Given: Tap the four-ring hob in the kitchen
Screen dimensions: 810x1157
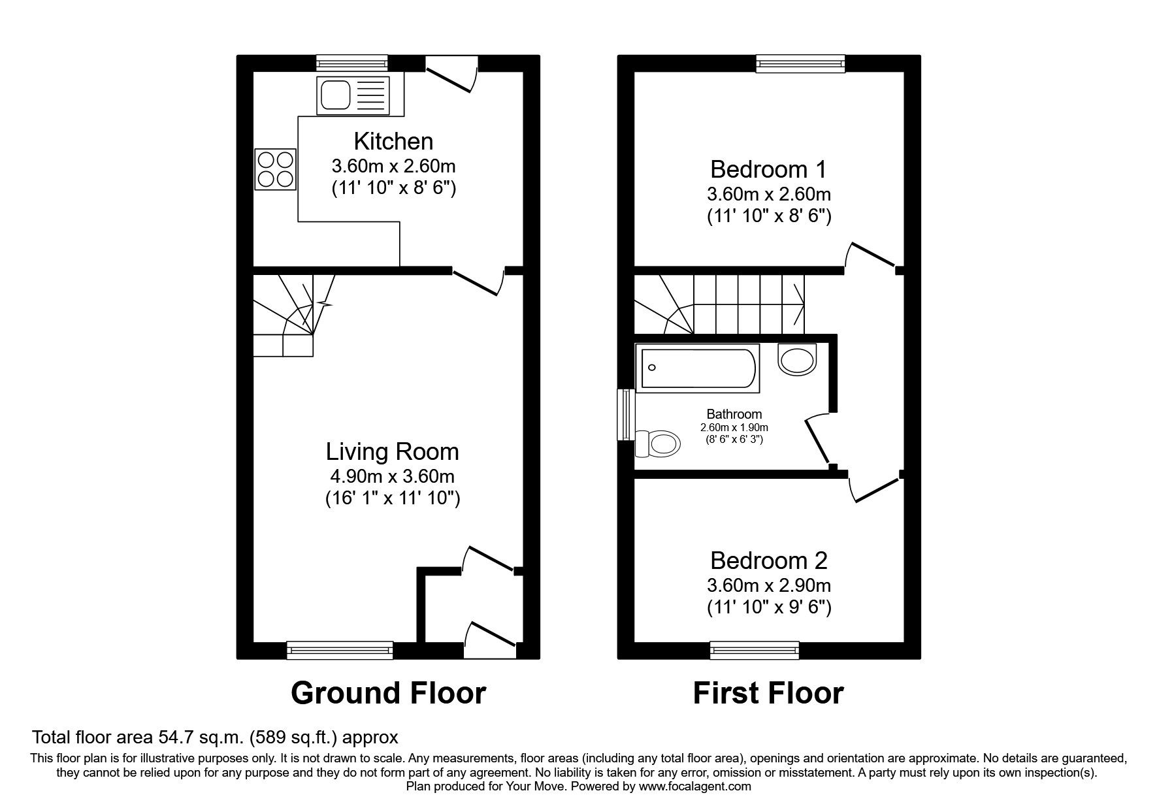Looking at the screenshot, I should click(x=275, y=169).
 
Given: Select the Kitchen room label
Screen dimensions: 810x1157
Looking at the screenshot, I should click(x=393, y=141).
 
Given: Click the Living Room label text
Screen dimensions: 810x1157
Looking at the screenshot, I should click(x=392, y=451).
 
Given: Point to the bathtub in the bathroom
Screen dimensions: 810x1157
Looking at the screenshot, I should click(x=697, y=369).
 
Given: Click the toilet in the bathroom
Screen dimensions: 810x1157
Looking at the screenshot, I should click(x=659, y=444).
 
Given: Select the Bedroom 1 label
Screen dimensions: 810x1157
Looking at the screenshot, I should click(x=768, y=169).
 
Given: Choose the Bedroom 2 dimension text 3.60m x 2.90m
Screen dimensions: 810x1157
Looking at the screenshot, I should click(x=768, y=585).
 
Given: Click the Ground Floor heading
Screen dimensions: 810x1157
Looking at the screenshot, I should click(x=388, y=693).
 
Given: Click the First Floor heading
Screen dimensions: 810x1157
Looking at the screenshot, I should click(x=768, y=693).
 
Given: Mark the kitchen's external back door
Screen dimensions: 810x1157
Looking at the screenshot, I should click(x=451, y=73).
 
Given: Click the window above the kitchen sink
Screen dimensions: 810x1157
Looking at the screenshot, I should click(x=352, y=63).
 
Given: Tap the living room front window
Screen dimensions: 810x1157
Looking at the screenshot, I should click(x=340, y=650).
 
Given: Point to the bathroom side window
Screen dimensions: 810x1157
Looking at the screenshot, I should click(x=626, y=415).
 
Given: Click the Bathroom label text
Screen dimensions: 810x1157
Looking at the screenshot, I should click(x=734, y=414).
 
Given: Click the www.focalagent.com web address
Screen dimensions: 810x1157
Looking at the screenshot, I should click(x=695, y=786).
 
